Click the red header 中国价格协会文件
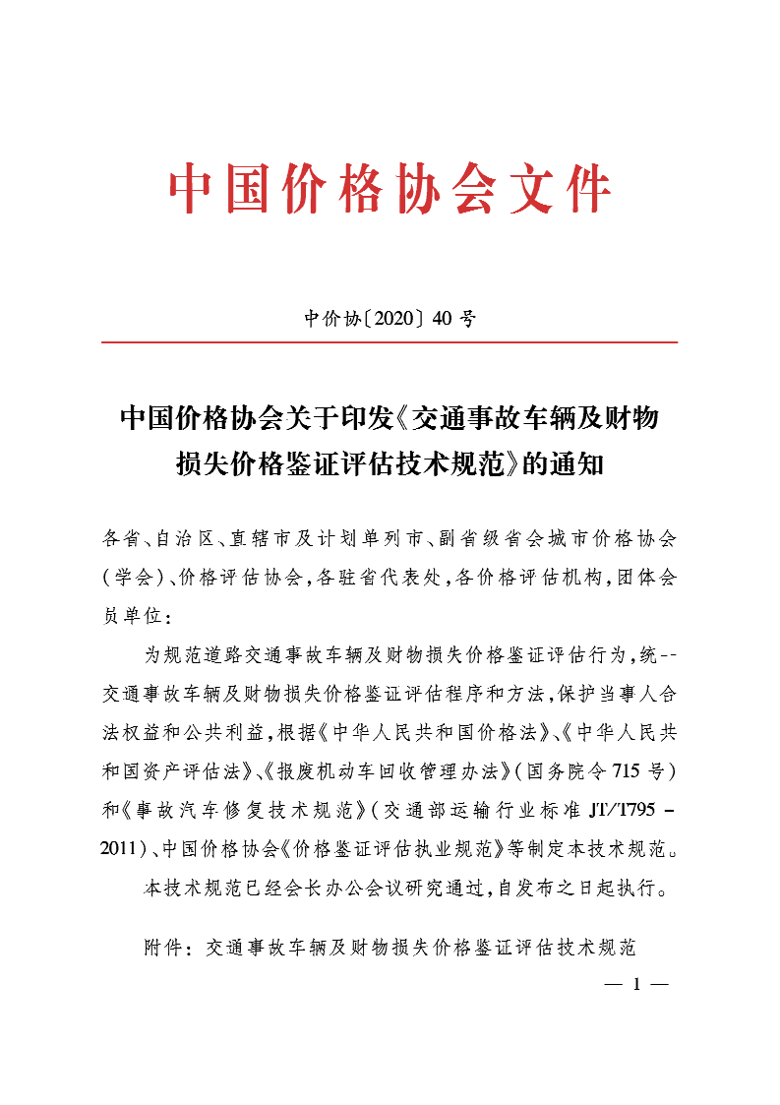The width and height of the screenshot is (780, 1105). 390,190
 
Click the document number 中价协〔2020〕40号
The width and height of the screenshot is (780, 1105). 390,319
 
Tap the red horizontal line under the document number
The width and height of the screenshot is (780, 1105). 390,342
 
